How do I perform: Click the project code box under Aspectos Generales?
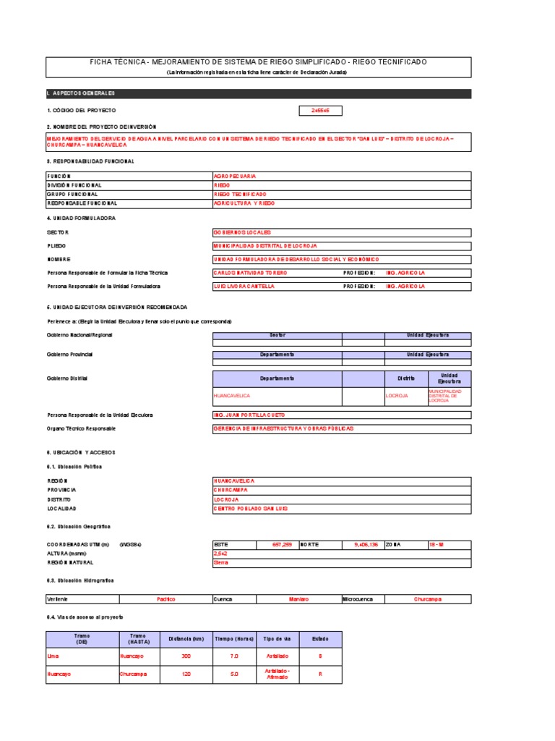click(320, 111)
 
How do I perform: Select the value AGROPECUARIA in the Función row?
click(235, 176)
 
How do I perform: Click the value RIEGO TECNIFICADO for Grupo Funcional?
click(240, 194)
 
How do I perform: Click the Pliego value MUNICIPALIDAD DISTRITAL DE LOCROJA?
click(265, 246)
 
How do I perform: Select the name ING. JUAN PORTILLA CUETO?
click(249, 415)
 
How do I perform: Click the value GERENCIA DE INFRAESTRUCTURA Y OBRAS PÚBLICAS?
click(283, 428)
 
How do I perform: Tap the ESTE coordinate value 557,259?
click(282, 543)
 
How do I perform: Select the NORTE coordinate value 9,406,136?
click(365, 543)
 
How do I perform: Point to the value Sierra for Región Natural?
click(220, 562)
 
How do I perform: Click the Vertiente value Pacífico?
click(166, 599)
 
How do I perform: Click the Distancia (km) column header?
click(186, 639)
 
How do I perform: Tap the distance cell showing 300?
click(186, 656)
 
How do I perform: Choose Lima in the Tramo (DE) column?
click(53, 656)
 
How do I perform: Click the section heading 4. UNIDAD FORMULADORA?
click(81, 218)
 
